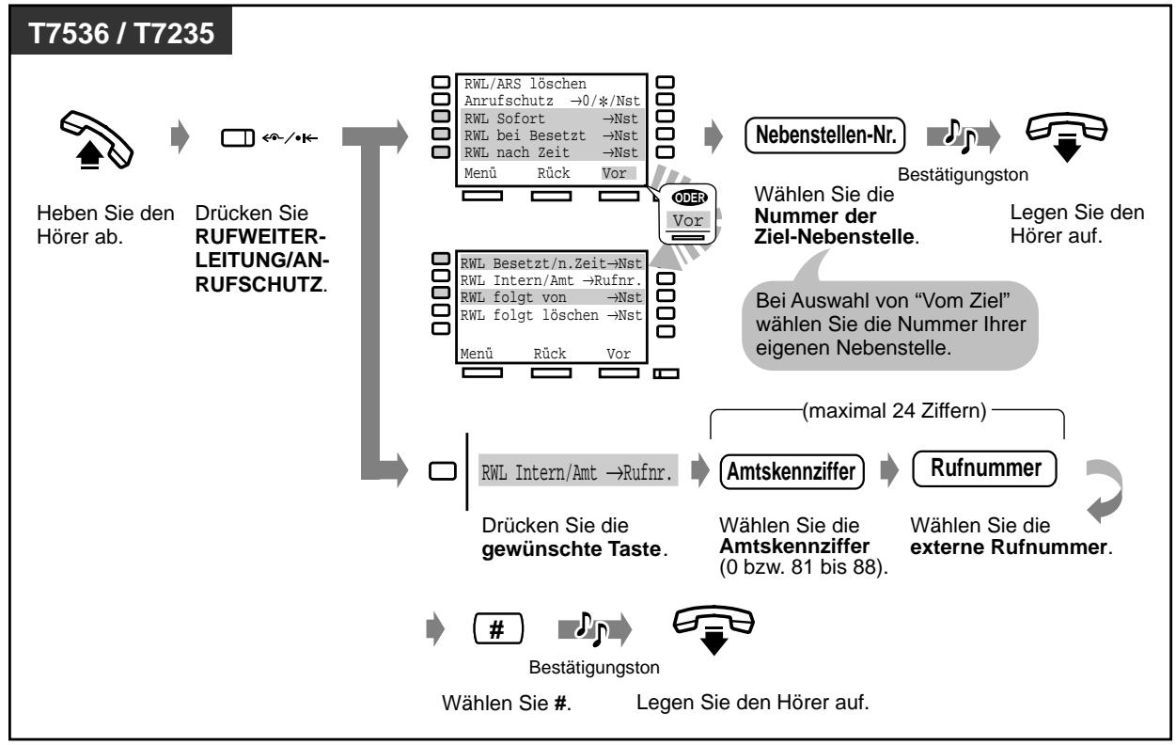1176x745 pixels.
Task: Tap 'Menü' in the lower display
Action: tap(476, 355)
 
